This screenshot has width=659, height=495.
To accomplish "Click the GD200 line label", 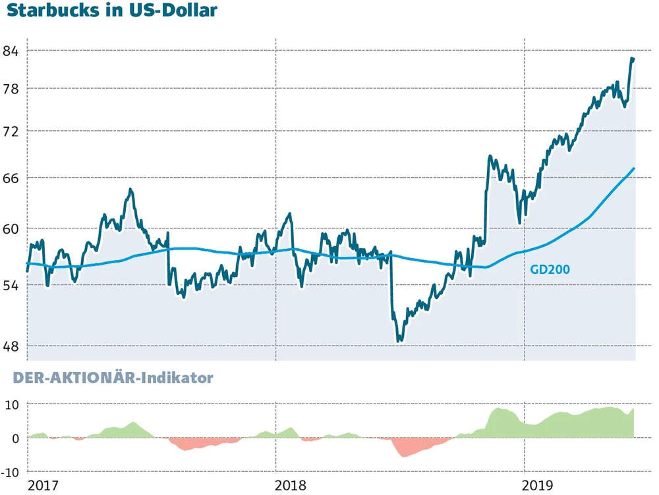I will [550, 269].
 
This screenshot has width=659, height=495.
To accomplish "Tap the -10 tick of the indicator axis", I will [11, 472].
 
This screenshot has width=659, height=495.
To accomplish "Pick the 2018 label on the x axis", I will [290, 486].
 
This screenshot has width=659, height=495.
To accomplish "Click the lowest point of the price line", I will [399, 341].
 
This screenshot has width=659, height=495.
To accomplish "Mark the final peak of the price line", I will [632, 59].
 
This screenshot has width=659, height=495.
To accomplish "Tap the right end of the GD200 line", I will [634, 168].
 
